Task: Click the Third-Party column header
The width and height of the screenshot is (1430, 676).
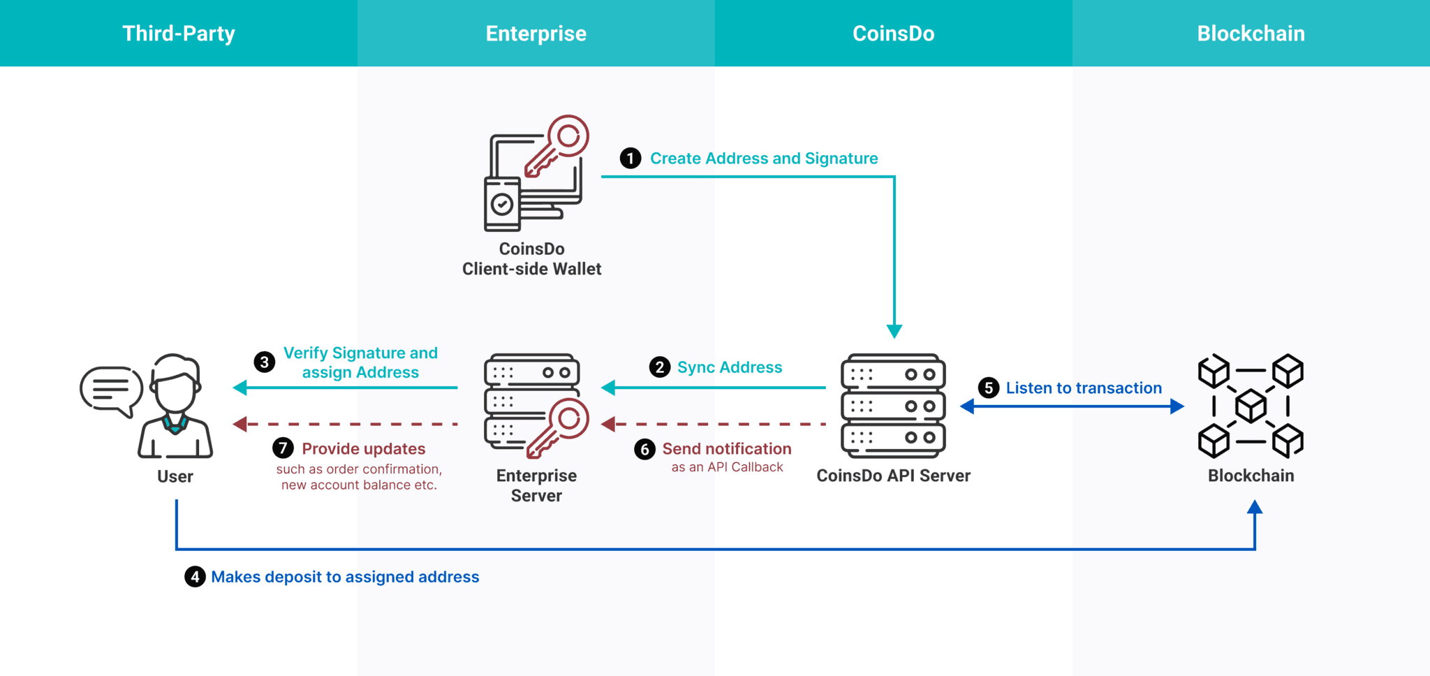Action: click(179, 34)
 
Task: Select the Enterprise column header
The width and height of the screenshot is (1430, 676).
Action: click(536, 34)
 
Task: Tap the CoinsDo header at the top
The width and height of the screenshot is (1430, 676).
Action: click(893, 34)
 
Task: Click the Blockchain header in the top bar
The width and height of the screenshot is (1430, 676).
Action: click(1251, 34)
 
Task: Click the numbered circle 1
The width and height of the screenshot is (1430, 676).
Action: click(631, 159)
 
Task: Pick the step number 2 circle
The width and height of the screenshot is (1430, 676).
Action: click(660, 367)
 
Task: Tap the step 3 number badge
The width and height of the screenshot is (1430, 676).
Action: click(264, 362)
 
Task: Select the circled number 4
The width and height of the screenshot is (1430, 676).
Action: click(195, 577)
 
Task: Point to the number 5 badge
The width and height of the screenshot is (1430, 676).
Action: click(989, 388)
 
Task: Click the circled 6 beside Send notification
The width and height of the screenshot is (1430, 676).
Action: click(644, 449)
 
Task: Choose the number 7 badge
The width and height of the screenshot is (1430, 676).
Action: click(283, 448)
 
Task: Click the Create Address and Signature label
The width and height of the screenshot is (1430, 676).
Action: click(764, 159)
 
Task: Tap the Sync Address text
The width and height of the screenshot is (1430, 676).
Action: click(730, 367)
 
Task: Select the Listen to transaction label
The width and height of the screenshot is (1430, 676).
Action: click(1084, 388)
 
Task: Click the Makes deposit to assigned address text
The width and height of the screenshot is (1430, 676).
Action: click(345, 577)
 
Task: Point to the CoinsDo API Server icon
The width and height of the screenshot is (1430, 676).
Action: click(893, 406)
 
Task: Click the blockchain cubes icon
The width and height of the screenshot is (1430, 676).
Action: click(1251, 406)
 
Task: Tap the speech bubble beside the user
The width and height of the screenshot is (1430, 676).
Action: click(111, 390)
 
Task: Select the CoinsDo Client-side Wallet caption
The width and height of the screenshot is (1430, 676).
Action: click(532, 259)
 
